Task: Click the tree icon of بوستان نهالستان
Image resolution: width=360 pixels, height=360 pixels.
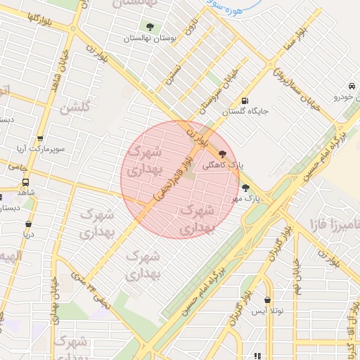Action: tap(149, 27)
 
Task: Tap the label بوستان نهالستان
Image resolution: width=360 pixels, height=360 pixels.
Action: tap(148, 39)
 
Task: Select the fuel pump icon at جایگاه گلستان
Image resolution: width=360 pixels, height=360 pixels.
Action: tap(245, 100)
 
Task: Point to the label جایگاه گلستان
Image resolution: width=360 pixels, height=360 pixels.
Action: tap(245, 111)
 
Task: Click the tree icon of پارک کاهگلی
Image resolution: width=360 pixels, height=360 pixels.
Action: tap(223, 154)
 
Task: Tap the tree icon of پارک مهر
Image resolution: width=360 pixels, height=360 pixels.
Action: tap(245, 187)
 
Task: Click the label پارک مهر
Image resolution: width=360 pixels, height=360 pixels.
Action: tap(247, 199)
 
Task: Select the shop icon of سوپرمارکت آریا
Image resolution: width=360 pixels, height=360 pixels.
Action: tap(39, 139)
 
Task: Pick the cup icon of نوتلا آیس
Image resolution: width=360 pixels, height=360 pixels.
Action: tap(267, 300)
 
